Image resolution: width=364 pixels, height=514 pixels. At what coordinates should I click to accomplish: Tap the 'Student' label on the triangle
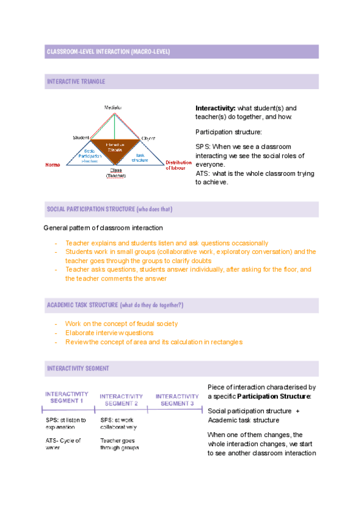[81, 138]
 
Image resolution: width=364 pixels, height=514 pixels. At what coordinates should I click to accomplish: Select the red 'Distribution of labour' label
[179, 165]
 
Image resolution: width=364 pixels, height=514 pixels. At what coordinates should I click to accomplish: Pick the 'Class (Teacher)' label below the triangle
[115, 173]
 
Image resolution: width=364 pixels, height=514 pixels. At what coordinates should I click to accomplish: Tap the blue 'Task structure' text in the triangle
[140, 158]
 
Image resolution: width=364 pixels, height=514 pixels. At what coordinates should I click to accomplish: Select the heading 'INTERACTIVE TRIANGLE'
[76, 81]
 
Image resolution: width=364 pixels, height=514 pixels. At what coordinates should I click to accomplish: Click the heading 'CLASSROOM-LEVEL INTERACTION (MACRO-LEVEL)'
[109, 52]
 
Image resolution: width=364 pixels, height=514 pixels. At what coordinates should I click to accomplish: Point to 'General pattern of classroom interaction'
[103, 228]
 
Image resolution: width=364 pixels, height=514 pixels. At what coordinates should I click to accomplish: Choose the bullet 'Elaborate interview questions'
[109, 333]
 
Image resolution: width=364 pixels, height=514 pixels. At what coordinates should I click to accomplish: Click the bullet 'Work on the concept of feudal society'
[121, 324]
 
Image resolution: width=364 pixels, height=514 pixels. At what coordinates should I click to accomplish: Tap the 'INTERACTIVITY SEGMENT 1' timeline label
[66, 397]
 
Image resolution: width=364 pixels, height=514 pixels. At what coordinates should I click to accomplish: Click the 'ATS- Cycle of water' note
[62, 444]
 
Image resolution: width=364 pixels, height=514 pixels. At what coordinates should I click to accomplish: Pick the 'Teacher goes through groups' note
[120, 444]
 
